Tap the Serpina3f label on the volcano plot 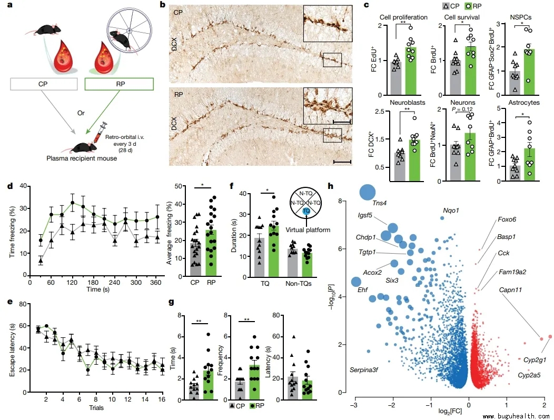point(367,370)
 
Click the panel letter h point(331,186)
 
